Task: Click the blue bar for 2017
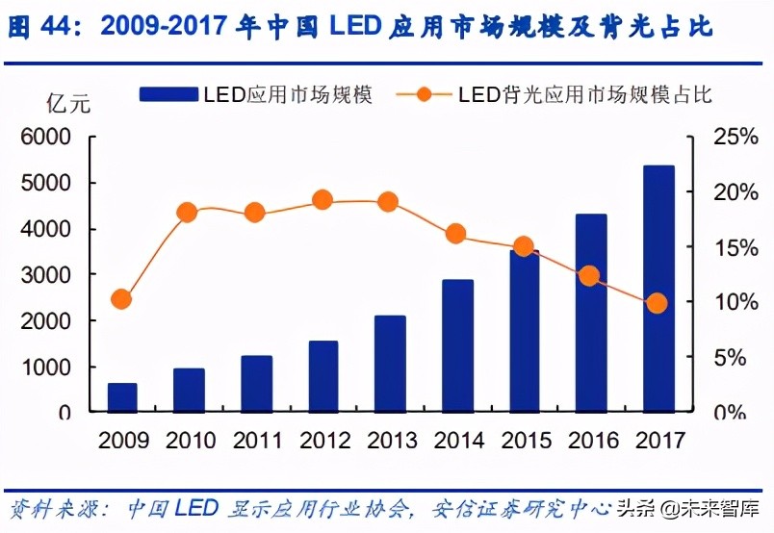(x=658, y=289)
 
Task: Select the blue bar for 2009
(x=122, y=397)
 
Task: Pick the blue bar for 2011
(x=256, y=384)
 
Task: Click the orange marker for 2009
(x=121, y=299)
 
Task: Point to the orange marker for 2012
(x=322, y=200)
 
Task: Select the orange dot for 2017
(x=657, y=303)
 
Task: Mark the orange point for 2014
(x=456, y=234)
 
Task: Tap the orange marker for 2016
(x=590, y=276)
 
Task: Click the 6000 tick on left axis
(x=45, y=138)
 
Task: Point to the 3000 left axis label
(x=45, y=275)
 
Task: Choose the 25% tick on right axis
(x=735, y=138)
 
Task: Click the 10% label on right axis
(x=735, y=302)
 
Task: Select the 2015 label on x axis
(x=525, y=441)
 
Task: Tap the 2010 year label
(x=191, y=441)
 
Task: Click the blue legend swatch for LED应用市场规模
(x=169, y=94)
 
